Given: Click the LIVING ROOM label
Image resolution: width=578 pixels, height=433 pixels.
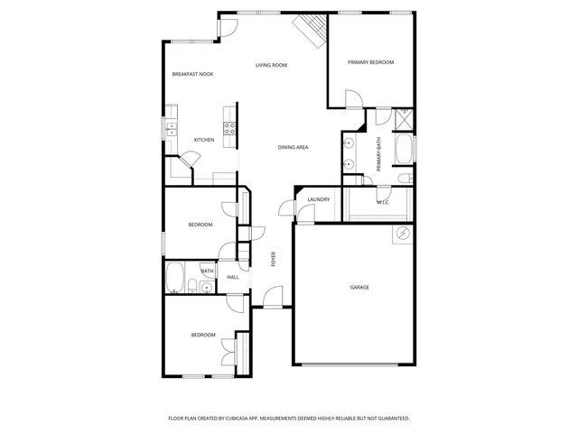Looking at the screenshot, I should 271,65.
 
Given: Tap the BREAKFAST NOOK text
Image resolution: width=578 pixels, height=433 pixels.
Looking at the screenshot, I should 192,74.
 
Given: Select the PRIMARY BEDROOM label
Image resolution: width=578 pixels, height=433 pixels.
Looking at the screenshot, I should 371,62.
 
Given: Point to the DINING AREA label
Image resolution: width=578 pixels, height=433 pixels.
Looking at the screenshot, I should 294,146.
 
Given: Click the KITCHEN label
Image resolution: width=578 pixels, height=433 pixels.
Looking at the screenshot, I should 204,140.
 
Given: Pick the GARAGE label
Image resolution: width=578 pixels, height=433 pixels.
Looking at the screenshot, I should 359,287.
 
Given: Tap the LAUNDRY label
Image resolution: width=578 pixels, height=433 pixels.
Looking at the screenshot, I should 318,199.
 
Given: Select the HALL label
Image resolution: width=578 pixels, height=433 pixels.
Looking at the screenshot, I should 232,277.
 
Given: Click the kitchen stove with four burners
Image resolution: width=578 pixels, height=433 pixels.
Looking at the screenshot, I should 229,128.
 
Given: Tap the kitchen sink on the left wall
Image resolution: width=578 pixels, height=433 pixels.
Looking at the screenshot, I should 170,129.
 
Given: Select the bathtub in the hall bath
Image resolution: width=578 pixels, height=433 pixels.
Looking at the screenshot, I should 175,277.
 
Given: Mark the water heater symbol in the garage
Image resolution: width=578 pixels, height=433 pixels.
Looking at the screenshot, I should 399,235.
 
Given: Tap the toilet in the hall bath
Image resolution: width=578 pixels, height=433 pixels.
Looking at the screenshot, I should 193,288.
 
